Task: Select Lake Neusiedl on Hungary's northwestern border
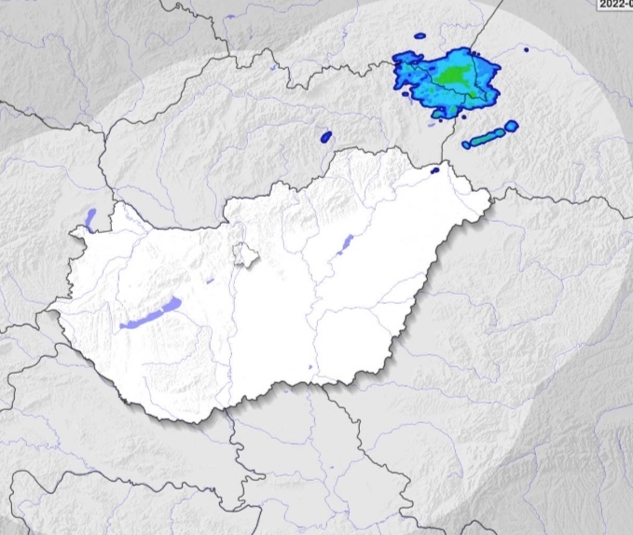coord(90,220)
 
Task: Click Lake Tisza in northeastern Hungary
coord(343,244)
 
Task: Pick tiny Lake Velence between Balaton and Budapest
coord(211,280)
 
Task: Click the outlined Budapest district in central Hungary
coord(244,255)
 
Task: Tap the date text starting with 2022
coord(613,4)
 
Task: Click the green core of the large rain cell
coord(454,74)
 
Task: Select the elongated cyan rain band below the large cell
coord(485,140)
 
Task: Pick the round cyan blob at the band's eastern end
coord(511,127)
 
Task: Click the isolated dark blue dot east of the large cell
coord(526,49)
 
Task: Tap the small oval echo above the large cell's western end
coord(420,36)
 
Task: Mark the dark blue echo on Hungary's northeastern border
coord(434,170)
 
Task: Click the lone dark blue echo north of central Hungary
coord(325,136)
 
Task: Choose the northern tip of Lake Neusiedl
coord(93,211)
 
